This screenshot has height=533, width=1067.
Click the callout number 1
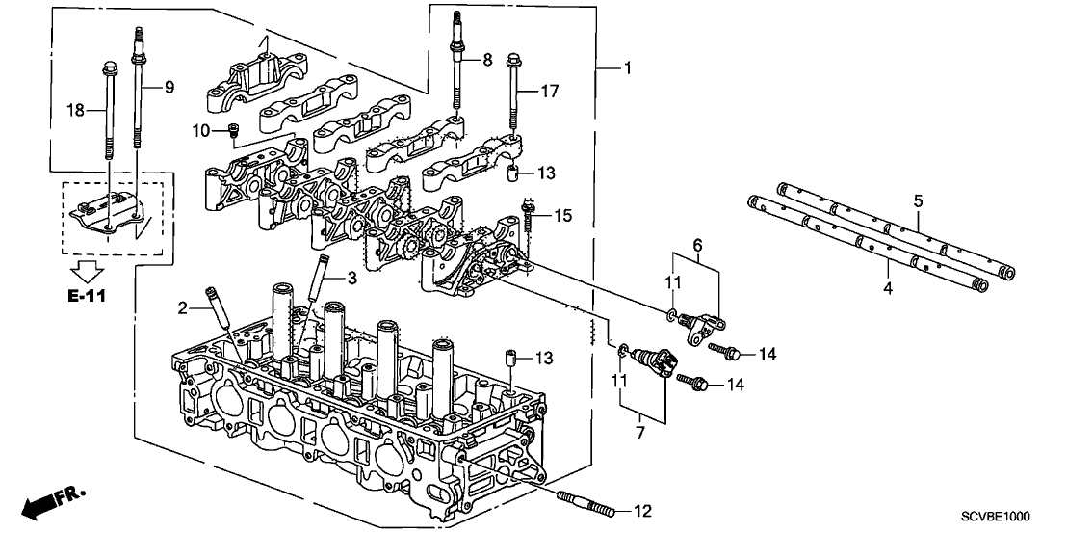(628, 68)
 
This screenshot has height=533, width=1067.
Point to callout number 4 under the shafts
(887, 286)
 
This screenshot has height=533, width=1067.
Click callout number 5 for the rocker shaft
(918, 201)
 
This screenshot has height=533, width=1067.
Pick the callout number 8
(487, 60)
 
